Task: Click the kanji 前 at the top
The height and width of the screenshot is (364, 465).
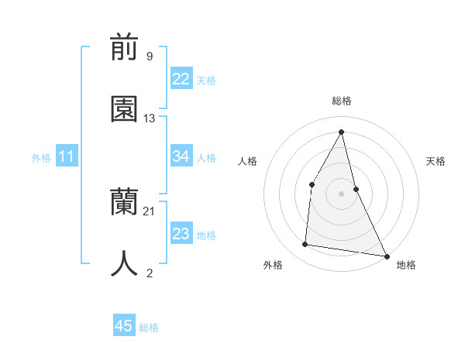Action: [125, 49]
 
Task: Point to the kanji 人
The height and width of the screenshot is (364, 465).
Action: [125, 263]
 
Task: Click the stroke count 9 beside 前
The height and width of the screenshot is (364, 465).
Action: [150, 57]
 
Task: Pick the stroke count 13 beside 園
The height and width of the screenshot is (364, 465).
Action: [150, 118]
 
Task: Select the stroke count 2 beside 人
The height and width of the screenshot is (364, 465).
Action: [150, 273]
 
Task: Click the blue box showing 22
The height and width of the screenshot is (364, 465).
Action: [181, 79]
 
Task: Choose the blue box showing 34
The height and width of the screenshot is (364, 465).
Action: [181, 156]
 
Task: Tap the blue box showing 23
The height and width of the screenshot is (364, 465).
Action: [181, 234]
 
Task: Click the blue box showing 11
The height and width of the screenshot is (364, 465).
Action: [67, 157]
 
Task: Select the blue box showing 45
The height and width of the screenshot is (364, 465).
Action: [124, 326]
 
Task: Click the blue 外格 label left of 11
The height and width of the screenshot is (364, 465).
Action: [41, 158]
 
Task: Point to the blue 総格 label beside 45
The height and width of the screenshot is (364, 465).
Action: [149, 328]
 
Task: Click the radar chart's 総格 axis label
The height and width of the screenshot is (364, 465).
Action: [342, 101]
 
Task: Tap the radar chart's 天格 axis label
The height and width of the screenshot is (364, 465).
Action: [436, 161]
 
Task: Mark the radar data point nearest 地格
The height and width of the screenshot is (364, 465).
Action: [386, 256]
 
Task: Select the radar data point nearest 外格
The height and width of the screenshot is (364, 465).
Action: [305, 245]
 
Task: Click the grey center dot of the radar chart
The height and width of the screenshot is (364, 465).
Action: [342, 194]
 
